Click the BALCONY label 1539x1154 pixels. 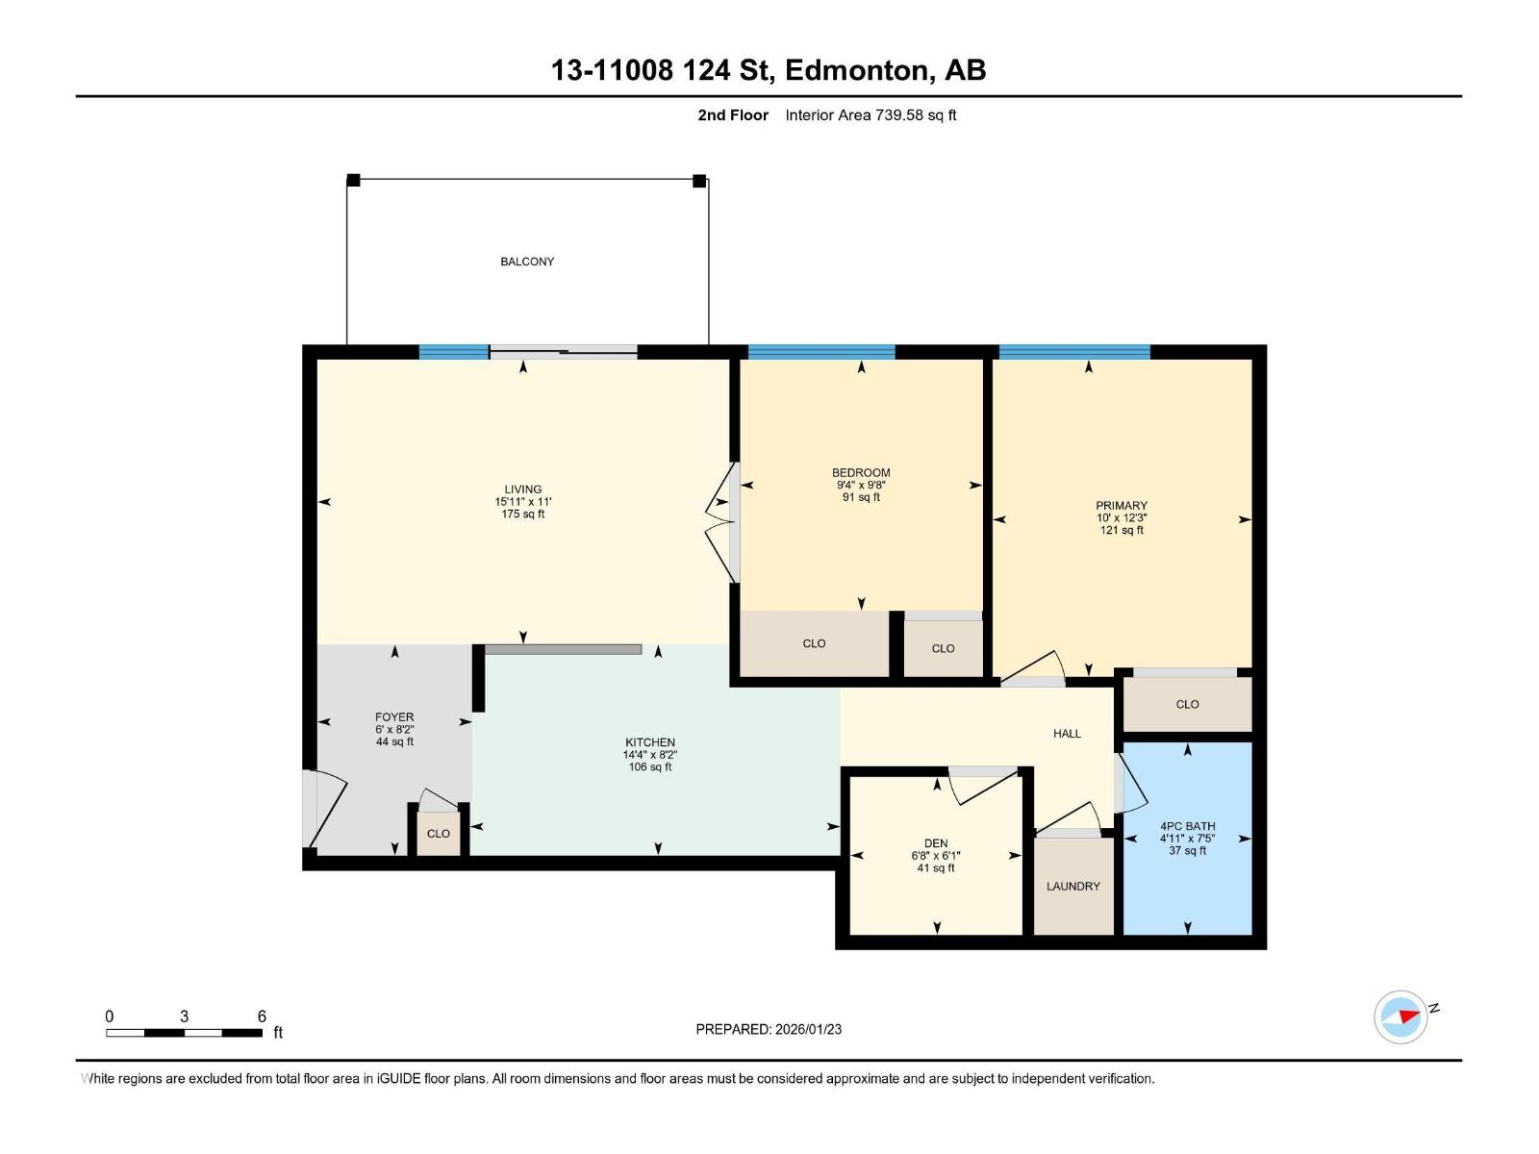[527, 262]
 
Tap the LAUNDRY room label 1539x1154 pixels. [1072, 887]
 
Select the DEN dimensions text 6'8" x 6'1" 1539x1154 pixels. [936, 856]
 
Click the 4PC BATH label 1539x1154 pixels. [1187, 826]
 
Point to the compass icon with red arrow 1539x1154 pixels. [1400, 1016]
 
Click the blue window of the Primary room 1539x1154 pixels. [1074, 352]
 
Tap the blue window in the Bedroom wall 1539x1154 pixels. [820, 352]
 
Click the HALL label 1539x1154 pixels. [1067, 734]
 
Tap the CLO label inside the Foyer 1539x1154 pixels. [438, 834]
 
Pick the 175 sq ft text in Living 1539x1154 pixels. [523, 514]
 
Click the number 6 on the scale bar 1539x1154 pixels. [262, 1016]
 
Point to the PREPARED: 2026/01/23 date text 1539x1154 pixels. [769, 1029]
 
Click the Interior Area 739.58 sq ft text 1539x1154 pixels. [870, 115]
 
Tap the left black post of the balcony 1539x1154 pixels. [353, 180]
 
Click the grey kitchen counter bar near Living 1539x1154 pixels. [563, 650]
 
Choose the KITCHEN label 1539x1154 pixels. [650, 742]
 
